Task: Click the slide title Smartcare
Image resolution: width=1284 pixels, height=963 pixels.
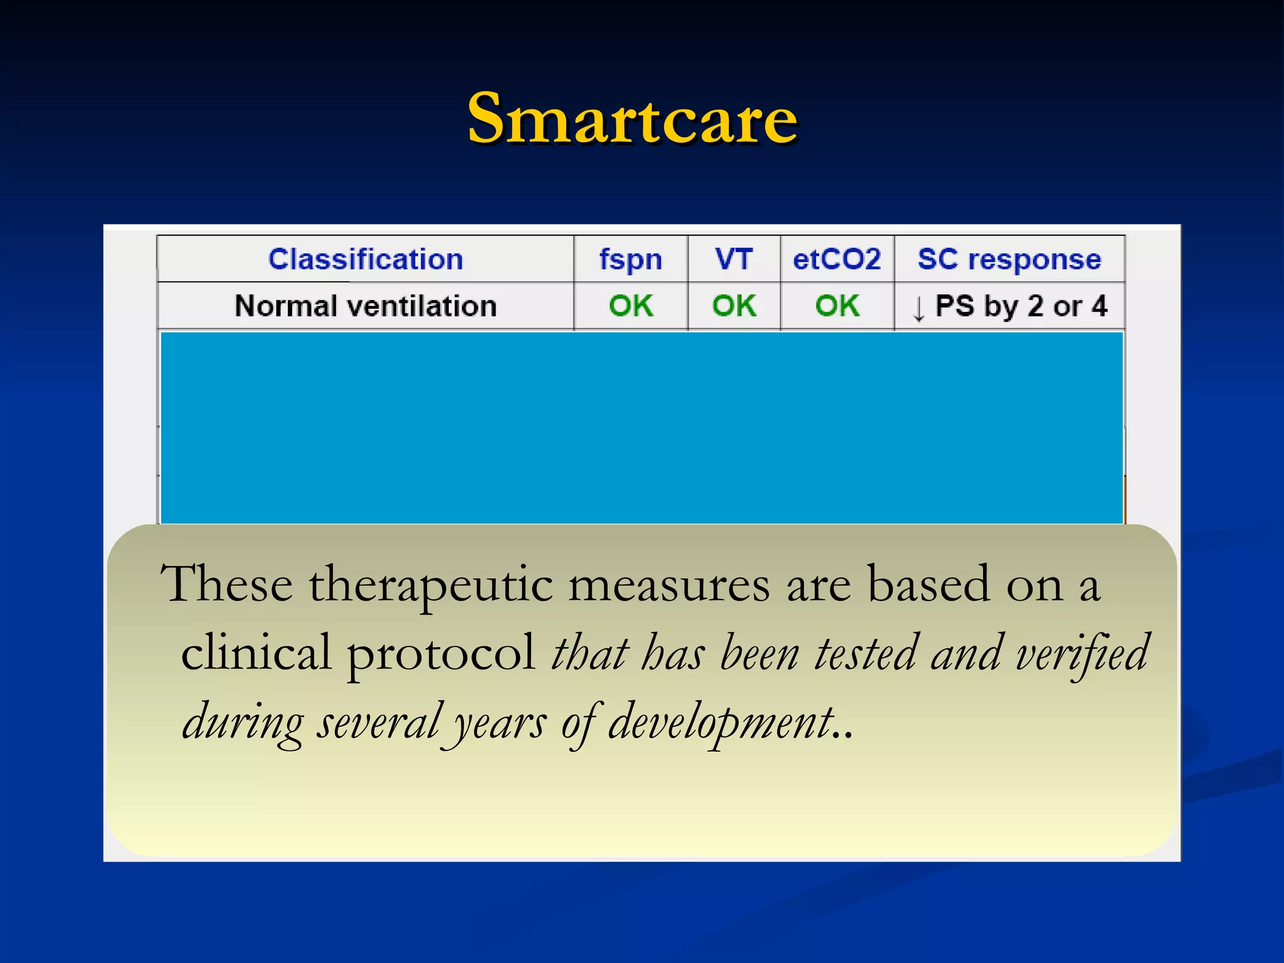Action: tap(632, 118)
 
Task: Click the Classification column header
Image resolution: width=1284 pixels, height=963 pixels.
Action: tap(366, 259)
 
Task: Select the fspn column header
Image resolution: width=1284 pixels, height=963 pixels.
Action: tap(630, 259)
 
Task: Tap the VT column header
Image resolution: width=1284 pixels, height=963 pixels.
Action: tap(734, 259)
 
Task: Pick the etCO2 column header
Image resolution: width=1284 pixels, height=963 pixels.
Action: tap(837, 259)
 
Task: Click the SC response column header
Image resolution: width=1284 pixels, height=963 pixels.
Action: tap(1009, 259)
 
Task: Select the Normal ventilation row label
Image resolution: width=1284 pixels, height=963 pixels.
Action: tap(366, 306)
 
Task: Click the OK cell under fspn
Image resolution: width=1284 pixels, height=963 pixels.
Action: tap(631, 306)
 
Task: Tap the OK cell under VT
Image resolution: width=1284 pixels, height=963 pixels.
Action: tap(734, 306)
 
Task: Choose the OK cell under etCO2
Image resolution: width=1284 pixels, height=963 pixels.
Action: tap(837, 306)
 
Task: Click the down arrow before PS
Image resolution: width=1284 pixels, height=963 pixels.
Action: tap(918, 308)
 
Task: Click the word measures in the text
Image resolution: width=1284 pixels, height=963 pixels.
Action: tap(668, 585)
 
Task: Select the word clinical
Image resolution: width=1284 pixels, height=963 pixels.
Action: tap(256, 652)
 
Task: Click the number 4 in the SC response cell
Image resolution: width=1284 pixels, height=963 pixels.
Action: tap(1099, 306)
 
